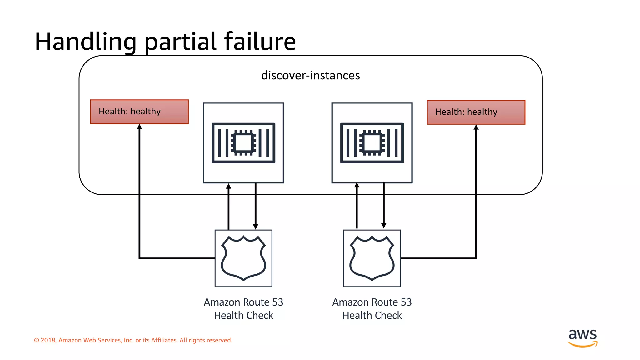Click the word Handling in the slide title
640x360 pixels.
pyautogui.click(x=85, y=42)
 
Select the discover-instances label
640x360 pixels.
pyautogui.click(x=310, y=76)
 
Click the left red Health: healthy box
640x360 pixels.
pyautogui.click(x=139, y=112)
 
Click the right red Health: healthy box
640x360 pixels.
pyautogui.click(x=476, y=112)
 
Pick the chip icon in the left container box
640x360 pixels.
pyautogui.click(x=243, y=143)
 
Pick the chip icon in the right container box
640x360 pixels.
pyautogui.click(x=372, y=143)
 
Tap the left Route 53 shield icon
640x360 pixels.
pyautogui.click(x=243, y=258)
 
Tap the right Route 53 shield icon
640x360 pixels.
pyautogui.click(x=372, y=258)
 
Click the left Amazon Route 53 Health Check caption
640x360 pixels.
pyautogui.click(x=243, y=309)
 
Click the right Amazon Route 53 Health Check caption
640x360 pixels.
pyautogui.click(x=372, y=309)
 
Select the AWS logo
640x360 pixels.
pyautogui.click(x=582, y=338)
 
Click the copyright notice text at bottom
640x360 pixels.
pyautogui.click(x=133, y=340)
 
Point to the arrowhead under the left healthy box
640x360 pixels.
pyautogui.click(x=139, y=127)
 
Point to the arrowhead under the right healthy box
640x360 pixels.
pyautogui.click(x=476, y=127)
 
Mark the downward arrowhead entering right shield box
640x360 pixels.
pyautogui.click(x=384, y=226)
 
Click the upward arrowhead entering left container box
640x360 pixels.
pyautogui.click(x=229, y=186)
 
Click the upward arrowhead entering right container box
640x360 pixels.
pyautogui.click(x=357, y=185)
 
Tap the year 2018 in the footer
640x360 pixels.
pyautogui.click(x=48, y=340)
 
